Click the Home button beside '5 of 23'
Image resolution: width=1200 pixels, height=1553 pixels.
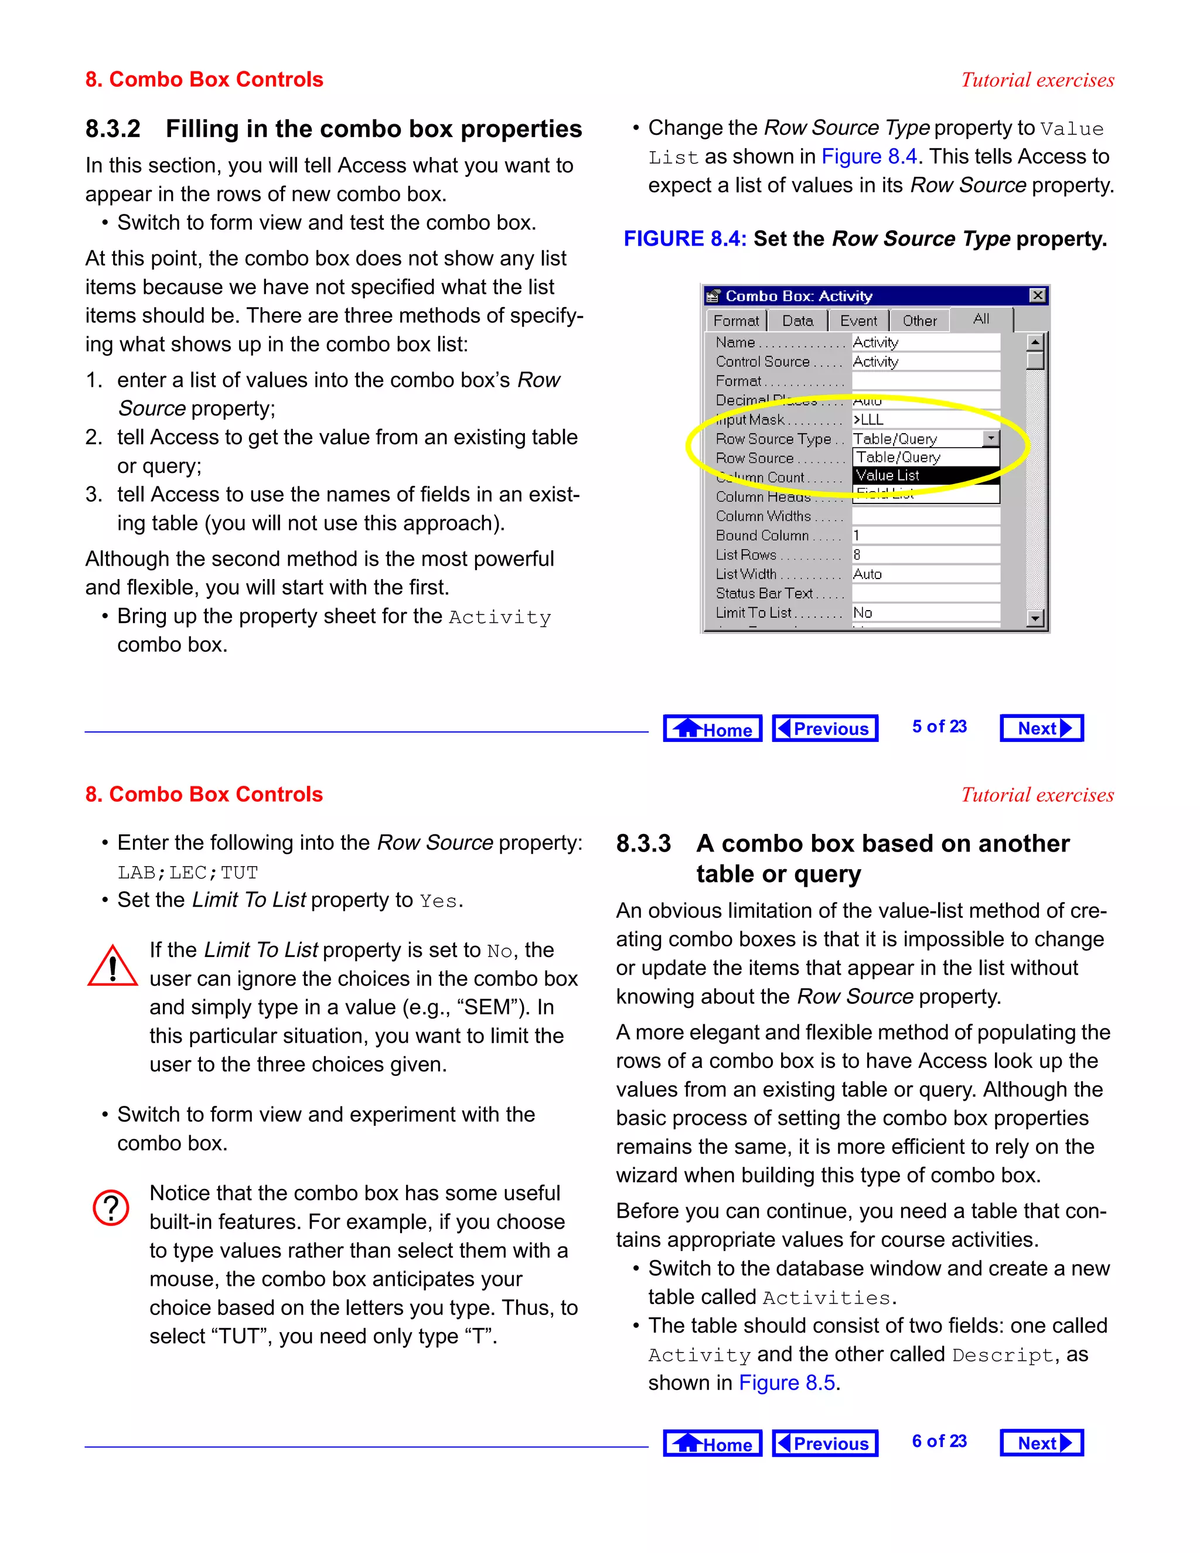coord(712,729)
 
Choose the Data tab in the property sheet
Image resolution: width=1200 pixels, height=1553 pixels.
coord(797,321)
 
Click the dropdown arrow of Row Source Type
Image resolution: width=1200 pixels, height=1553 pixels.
coord(991,439)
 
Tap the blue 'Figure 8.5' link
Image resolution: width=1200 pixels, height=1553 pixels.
coord(787,1383)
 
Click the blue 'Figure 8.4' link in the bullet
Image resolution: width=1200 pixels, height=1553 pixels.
coord(869,156)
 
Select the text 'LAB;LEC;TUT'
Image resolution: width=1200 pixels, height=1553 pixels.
coord(187,873)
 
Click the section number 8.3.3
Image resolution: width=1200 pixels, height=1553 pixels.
coord(643,844)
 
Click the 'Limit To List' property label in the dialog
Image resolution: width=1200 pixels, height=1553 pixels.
coord(754,613)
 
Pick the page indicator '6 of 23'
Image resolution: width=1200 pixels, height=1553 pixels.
coord(939,1442)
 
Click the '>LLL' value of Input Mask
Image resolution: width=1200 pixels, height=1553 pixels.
coord(869,420)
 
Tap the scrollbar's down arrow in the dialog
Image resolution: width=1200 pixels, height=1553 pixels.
coord(1035,619)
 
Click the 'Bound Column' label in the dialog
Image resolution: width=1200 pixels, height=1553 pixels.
coord(762,536)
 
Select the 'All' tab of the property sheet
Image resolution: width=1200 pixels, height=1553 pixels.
coord(981,319)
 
